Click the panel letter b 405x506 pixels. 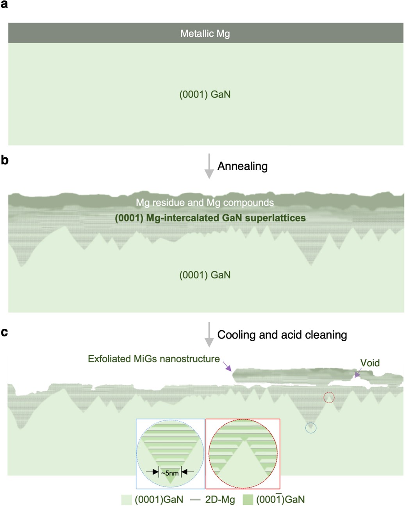4,160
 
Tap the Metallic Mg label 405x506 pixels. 205,34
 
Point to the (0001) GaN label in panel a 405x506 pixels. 205,94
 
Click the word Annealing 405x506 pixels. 242,166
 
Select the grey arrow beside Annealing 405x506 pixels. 209,166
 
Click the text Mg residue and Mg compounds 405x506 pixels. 205,203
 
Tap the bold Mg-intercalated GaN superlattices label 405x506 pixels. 210,218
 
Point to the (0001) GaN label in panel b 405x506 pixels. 205,275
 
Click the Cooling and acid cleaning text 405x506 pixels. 282,335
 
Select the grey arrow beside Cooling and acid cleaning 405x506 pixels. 209,335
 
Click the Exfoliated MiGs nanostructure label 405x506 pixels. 153,359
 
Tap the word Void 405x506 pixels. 370,363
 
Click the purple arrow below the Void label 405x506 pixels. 357,375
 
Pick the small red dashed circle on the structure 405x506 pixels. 329,397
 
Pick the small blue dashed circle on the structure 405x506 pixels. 310,428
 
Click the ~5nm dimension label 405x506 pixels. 170,473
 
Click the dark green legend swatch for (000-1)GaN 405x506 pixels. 248,500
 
